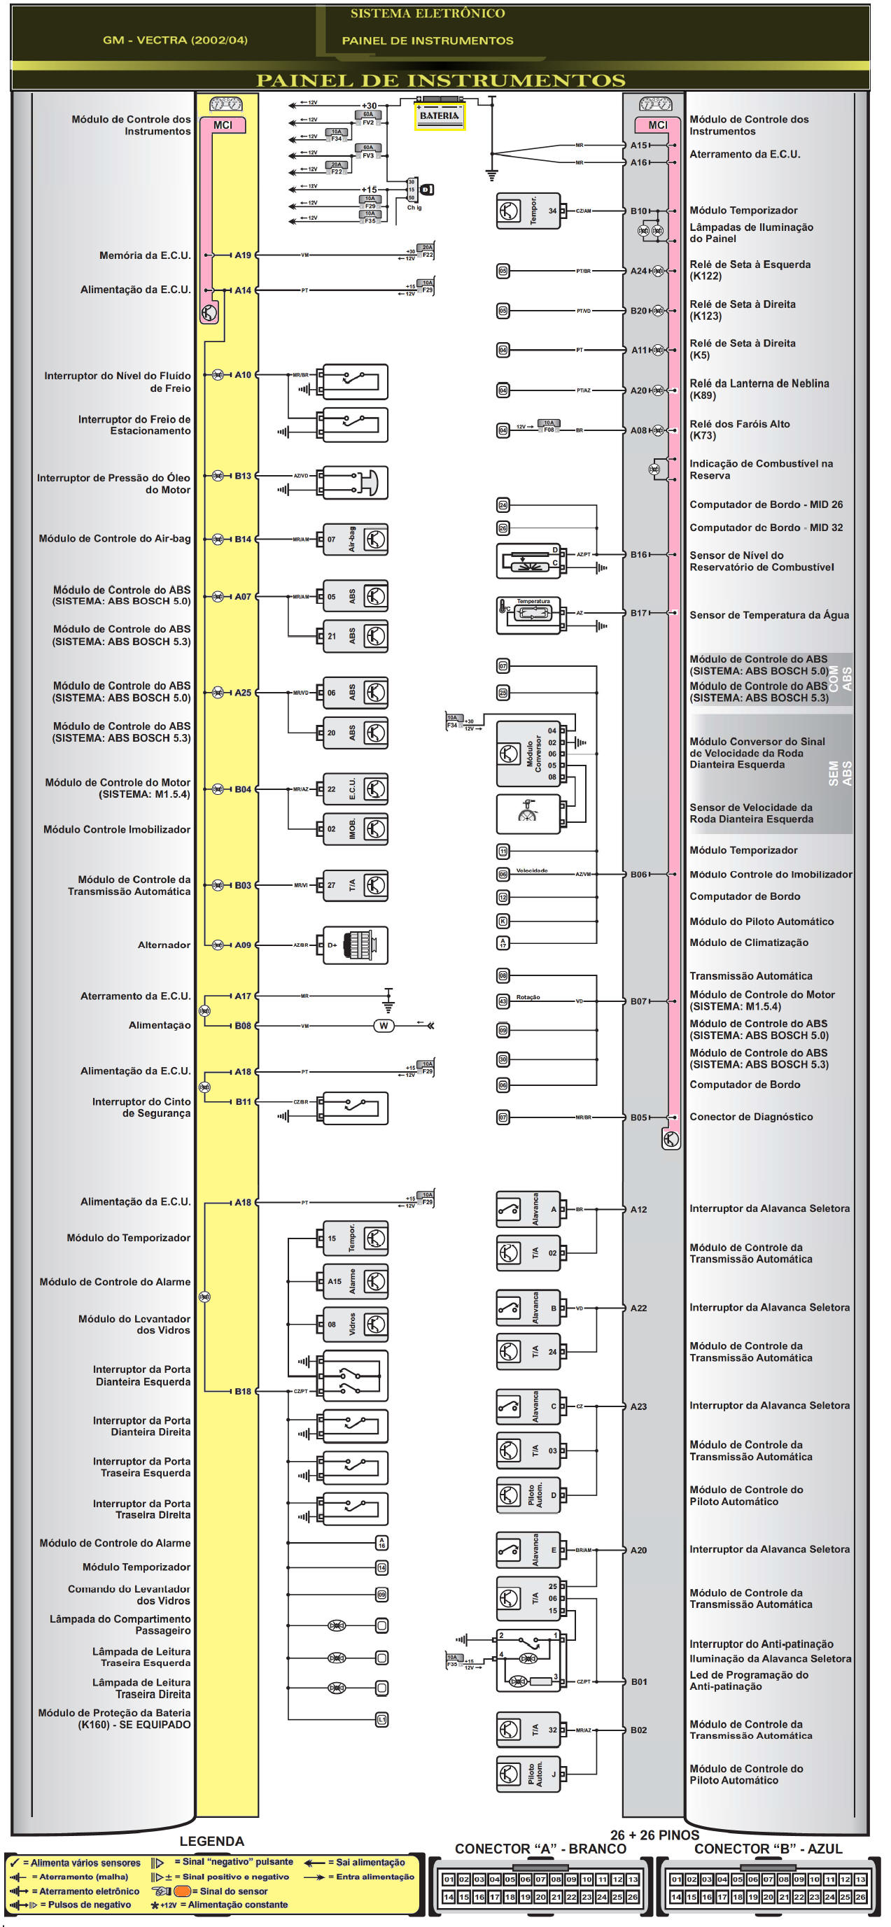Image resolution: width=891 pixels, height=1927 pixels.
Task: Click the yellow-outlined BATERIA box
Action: pyautogui.click(x=439, y=117)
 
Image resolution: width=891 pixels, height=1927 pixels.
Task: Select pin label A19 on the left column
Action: pyautogui.click(x=242, y=255)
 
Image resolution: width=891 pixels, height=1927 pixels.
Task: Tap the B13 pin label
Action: pyautogui.click(x=242, y=476)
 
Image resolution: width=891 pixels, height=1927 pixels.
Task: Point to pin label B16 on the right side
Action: pyautogui.click(x=638, y=554)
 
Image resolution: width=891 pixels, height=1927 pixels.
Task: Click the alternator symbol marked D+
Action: pyautogui.click(x=356, y=945)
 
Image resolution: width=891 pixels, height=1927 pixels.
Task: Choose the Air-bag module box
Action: pyautogui.click(x=356, y=539)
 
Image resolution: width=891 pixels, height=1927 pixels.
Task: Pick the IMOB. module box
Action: pyautogui.click(x=356, y=829)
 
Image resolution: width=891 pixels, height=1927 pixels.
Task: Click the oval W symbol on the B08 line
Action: pyautogui.click(x=383, y=1026)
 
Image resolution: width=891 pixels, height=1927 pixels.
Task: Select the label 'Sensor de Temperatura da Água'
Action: pyautogui.click(x=769, y=615)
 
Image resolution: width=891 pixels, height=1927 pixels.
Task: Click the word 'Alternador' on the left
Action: pyautogui.click(x=164, y=945)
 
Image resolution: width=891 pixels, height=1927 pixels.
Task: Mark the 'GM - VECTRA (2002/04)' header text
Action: pyautogui.click(x=175, y=40)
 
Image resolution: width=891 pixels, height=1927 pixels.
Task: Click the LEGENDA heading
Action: pyautogui.click(x=211, y=1841)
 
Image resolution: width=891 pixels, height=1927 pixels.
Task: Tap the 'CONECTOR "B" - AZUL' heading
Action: pyautogui.click(x=768, y=1849)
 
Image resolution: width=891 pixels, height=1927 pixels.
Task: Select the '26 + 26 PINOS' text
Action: pyautogui.click(x=654, y=1835)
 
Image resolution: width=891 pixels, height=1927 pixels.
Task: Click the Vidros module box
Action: pyautogui.click(x=356, y=1324)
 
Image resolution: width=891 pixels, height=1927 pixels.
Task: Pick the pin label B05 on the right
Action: pyautogui.click(x=638, y=1117)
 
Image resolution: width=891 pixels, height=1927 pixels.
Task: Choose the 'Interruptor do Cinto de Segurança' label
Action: pyautogui.click(x=141, y=1107)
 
